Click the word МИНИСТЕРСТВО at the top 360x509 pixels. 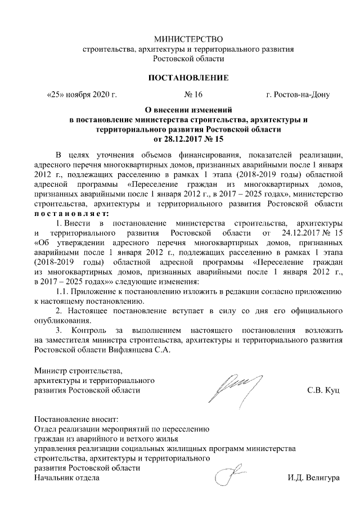click(188, 39)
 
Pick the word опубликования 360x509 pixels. click(61, 320)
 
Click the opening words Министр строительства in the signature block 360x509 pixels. click(78, 371)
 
